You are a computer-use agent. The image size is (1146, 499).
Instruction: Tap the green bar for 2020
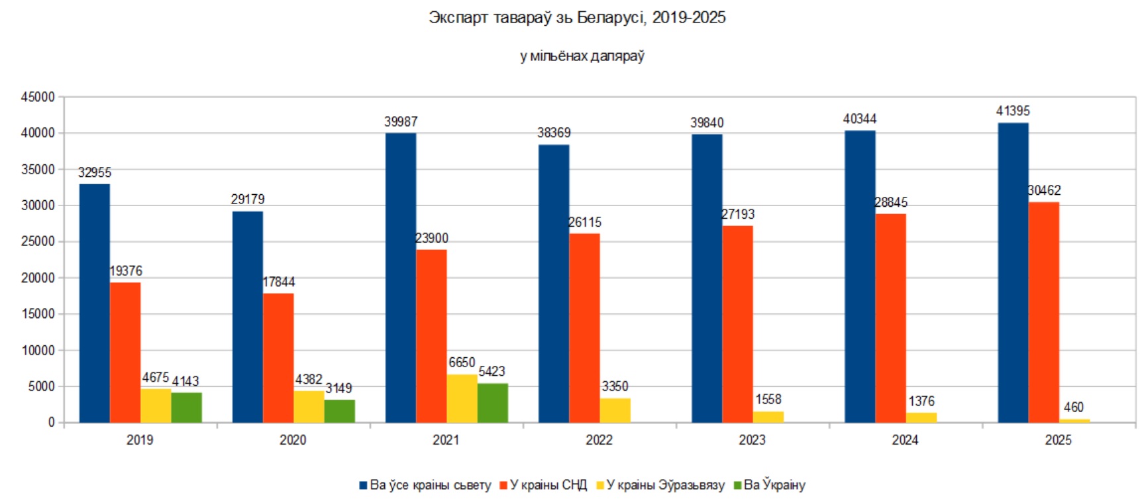339,411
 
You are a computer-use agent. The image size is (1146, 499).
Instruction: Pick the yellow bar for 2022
615,410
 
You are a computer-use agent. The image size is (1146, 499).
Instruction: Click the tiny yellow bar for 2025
1074,420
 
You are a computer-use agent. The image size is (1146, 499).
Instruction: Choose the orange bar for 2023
737,324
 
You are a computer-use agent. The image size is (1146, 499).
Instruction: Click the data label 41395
1013,111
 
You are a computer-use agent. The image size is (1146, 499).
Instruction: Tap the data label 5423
492,372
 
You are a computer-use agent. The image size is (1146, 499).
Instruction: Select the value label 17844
278,282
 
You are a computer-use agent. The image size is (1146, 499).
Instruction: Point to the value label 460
1073,408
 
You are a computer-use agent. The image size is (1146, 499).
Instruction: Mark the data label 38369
554,133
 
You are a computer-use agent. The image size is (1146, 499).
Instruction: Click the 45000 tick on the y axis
38,97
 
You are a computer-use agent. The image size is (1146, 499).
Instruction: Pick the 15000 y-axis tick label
38,314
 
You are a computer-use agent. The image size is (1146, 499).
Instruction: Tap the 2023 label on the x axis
752,440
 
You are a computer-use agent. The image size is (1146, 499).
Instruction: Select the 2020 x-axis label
293,440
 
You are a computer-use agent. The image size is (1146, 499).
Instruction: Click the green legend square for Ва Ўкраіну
737,485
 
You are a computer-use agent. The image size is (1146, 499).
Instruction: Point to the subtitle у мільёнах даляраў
582,56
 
